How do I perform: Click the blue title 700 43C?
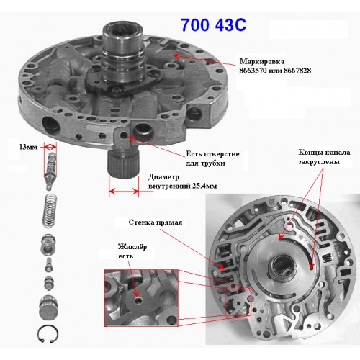tap(213, 25)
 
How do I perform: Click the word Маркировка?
tap(262, 61)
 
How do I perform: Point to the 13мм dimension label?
tap(28, 147)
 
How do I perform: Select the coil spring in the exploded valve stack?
tap(50, 210)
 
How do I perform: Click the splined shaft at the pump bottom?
tap(123, 163)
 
